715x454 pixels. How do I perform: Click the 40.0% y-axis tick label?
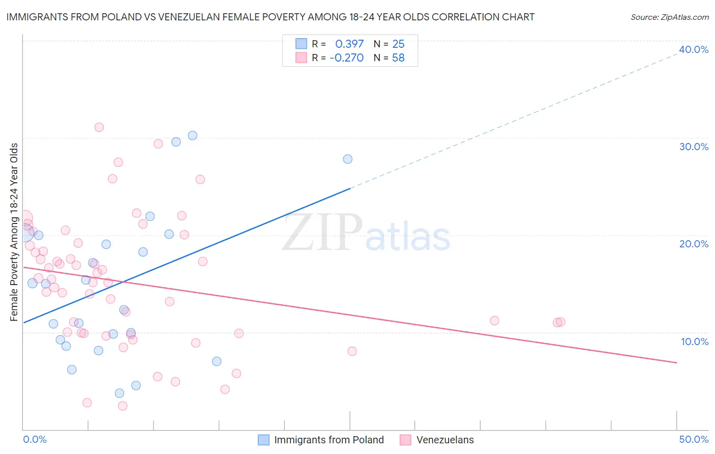coord(693,49)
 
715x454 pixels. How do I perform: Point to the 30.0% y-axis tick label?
coord(693,147)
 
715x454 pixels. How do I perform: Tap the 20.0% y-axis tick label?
coord(693,244)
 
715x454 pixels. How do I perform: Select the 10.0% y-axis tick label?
coord(694,342)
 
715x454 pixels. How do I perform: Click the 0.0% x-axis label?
coord(35,439)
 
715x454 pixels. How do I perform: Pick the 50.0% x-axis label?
coord(693,439)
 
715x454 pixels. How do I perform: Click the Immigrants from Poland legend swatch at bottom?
coord(263,440)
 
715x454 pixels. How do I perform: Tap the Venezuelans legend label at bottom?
coord(444,440)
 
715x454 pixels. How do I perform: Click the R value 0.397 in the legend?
coord(349,44)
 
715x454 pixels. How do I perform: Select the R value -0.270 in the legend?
coord(346,58)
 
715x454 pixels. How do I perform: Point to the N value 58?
coord(398,58)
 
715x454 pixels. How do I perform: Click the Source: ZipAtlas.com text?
coord(669,17)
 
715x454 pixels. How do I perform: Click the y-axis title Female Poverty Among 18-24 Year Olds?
coord(14,232)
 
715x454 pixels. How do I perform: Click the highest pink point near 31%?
coord(99,127)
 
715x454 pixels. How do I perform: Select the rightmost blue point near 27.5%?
coord(347,159)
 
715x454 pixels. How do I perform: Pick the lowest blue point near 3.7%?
coord(120,393)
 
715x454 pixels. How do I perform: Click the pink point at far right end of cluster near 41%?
coord(560,322)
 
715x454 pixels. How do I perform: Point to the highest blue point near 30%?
coord(192,135)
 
